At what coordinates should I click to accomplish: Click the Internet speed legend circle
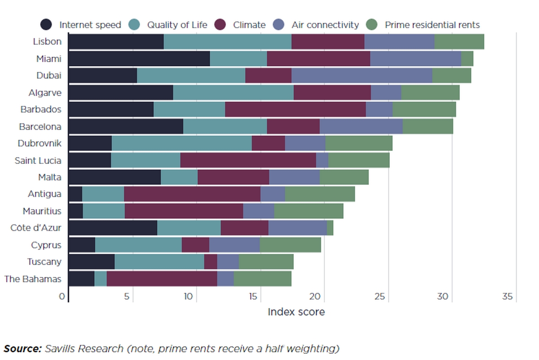click(x=46, y=25)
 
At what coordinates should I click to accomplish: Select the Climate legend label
click(x=249, y=25)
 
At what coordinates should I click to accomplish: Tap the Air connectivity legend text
click(x=325, y=25)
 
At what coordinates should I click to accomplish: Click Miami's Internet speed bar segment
click(x=139, y=59)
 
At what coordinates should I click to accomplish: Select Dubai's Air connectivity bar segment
click(x=362, y=76)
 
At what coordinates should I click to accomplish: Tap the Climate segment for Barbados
click(x=296, y=110)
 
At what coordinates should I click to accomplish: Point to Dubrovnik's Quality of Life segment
click(x=181, y=144)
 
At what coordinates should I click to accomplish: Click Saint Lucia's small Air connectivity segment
click(x=322, y=161)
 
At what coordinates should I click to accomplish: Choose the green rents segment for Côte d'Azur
click(x=330, y=228)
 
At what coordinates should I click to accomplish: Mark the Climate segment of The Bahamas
click(x=162, y=279)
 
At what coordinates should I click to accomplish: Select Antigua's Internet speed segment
click(x=75, y=194)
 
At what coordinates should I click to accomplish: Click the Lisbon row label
click(x=47, y=42)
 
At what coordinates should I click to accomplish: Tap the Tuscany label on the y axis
click(x=44, y=262)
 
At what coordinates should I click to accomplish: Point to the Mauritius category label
click(x=42, y=211)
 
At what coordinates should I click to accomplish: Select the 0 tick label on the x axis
click(x=62, y=297)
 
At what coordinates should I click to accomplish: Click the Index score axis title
click(x=296, y=312)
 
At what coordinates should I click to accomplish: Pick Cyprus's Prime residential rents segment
click(x=290, y=245)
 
